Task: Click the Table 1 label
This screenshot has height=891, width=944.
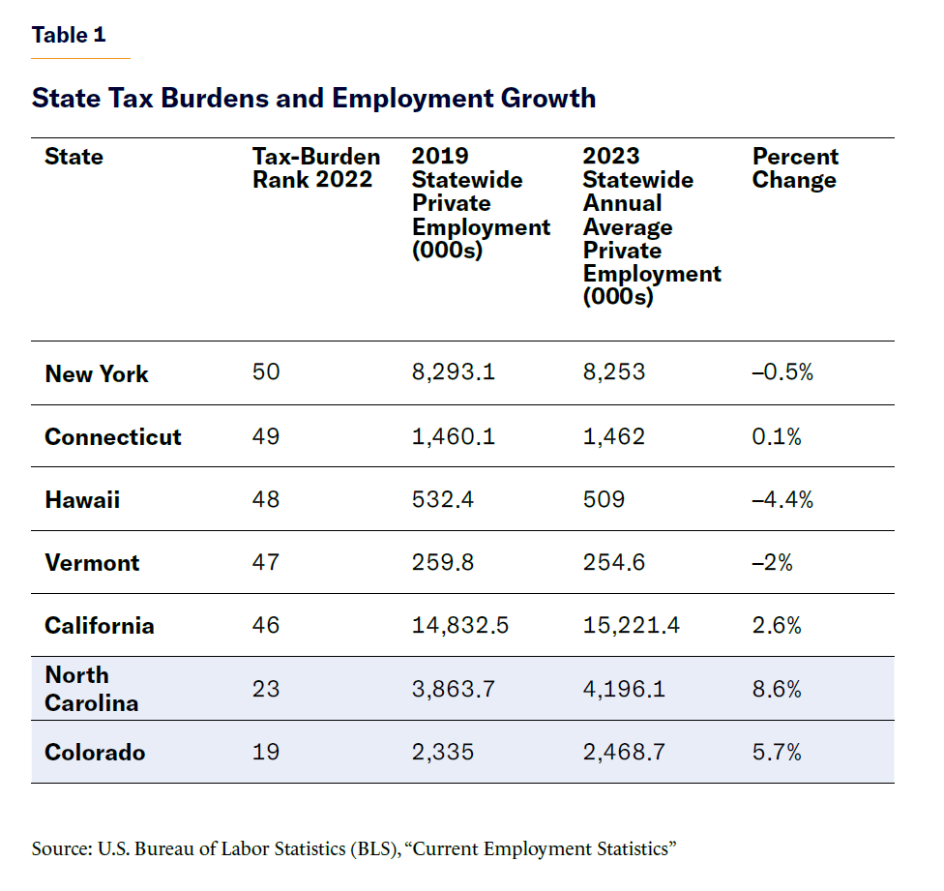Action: pos(69,36)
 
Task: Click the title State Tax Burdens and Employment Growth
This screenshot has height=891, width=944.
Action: pos(313,99)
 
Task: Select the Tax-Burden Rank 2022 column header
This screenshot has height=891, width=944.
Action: pos(316,168)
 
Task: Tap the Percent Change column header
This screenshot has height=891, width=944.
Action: pos(795,168)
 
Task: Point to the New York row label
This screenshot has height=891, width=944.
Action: pos(97,373)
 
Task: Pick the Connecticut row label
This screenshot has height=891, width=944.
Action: pos(113,436)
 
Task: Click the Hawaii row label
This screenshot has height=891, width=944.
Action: pos(82,499)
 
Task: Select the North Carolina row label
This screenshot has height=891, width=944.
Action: pos(92,689)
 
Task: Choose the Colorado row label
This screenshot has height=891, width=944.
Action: pos(95,752)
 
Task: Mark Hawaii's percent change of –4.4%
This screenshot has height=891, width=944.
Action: pos(782,499)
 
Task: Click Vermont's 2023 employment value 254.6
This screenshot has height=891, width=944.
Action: pos(614,562)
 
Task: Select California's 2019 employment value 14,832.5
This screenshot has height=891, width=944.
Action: pos(460,625)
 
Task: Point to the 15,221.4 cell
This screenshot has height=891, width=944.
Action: pos(631,625)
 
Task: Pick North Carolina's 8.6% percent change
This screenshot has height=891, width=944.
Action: pos(777,689)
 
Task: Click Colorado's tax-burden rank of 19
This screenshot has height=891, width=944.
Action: pos(266,752)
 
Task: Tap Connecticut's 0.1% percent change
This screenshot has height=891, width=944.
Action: pos(777,436)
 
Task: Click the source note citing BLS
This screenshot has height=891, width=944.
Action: pos(353,848)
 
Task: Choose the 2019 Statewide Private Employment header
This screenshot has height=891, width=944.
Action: pos(481,203)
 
